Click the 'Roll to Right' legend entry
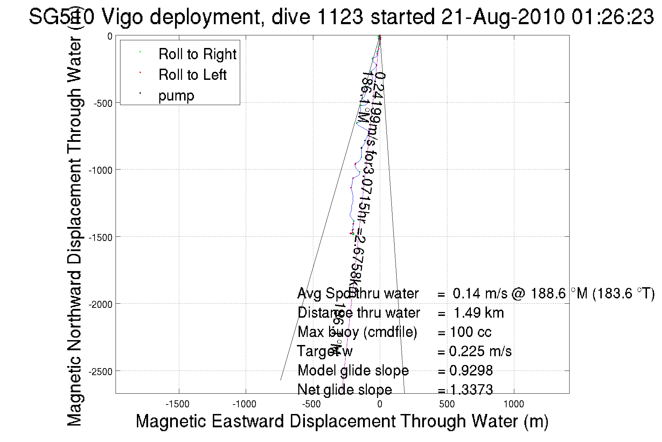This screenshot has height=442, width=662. [x=197, y=54]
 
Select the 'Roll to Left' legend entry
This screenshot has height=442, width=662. [x=192, y=75]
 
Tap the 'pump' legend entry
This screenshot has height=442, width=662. [x=176, y=96]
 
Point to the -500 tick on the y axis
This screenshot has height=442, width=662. [x=103, y=104]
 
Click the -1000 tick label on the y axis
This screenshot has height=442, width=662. [x=100, y=171]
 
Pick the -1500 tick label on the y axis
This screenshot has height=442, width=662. [x=100, y=237]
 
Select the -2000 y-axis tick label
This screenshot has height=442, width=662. [x=100, y=304]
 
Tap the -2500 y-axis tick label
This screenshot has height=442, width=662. [x=100, y=372]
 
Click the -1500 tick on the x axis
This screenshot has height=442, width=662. [x=177, y=404]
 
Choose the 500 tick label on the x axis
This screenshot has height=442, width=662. [x=447, y=404]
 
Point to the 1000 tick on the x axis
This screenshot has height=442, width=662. [x=514, y=404]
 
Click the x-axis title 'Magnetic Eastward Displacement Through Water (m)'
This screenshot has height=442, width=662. [x=342, y=421]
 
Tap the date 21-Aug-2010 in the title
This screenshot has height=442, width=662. [x=503, y=17]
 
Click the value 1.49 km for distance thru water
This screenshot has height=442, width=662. [x=479, y=313]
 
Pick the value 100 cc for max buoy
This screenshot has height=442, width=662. [x=471, y=332]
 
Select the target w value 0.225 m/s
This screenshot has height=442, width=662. [x=480, y=351]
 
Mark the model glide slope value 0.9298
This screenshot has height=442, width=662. [x=471, y=371]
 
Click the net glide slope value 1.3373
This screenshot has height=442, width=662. [x=471, y=389]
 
